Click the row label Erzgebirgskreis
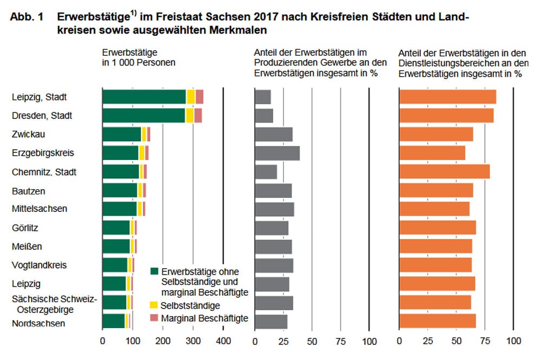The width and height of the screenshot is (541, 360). (42, 153)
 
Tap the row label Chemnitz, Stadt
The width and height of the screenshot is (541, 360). (44, 172)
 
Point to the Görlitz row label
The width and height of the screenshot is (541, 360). (25, 228)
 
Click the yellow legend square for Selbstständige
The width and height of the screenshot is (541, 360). (154, 305)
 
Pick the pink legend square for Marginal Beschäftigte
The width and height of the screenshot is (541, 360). (154, 318)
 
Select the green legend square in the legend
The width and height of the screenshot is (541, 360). (154, 271)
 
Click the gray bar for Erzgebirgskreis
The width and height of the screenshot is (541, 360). (277, 153)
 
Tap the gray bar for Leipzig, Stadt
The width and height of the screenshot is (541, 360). (262, 97)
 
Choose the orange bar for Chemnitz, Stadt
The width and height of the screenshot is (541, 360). (444, 172)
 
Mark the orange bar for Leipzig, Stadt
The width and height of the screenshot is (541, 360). (447, 97)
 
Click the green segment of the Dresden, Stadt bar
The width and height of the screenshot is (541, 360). (143, 116)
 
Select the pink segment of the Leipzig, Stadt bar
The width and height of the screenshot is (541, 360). (199, 97)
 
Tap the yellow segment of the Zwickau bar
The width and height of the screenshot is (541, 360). (144, 135)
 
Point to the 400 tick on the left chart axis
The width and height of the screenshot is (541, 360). (223, 341)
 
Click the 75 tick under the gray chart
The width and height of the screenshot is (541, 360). (340, 341)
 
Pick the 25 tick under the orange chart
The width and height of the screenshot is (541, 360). (428, 341)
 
